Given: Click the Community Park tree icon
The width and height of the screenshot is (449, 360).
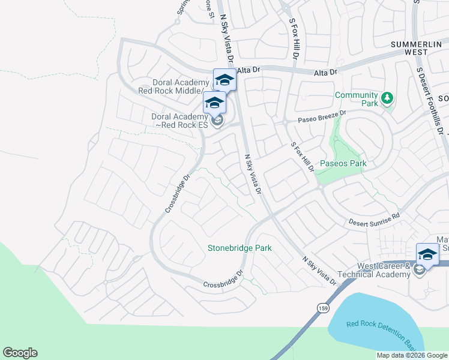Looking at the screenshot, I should [388, 97].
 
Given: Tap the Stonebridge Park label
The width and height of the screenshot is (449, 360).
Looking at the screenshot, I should [240, 248].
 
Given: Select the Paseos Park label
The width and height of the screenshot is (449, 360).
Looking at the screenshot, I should [343, 163].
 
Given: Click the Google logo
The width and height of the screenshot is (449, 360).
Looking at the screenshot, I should [20, 353].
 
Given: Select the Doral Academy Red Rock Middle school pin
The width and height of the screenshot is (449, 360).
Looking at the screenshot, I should [224, 80].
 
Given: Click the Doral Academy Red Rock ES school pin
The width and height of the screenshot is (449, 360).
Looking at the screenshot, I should [214, 103].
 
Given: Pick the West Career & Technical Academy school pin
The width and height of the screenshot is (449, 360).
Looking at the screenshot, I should [427, 254].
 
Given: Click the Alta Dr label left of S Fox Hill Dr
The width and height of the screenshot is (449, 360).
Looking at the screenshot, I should [249, 70].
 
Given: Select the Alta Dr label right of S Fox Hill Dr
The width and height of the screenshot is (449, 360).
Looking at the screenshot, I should [327, 71].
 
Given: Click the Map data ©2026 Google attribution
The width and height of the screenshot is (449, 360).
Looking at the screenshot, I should [412, 355].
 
